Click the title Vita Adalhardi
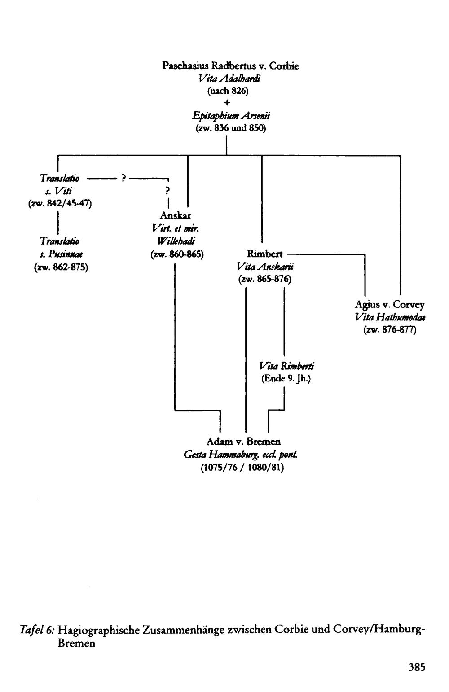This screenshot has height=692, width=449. (229, 79)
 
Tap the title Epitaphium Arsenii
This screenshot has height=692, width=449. (231, 116)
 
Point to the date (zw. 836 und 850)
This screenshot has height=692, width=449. (230, 128)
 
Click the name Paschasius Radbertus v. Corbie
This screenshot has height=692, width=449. (230, 66)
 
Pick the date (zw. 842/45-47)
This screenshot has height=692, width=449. (60, 204)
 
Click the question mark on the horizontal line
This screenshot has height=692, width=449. (123, 178)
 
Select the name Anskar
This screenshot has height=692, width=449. (175, 215)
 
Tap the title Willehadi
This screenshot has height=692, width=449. (176, 241)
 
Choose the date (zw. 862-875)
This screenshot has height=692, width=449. (61, 267)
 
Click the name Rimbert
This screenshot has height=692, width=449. (264, 254)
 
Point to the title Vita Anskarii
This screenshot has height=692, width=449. (265, 267)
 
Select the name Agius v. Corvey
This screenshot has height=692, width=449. (389, 305)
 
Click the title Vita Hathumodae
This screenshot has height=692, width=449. (390, 317)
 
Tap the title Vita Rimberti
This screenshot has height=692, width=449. (286, 366)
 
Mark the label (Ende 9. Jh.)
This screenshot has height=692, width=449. (286, 379)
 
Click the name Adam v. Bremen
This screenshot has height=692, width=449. (243, 442)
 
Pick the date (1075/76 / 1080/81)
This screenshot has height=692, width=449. (242, 468)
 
